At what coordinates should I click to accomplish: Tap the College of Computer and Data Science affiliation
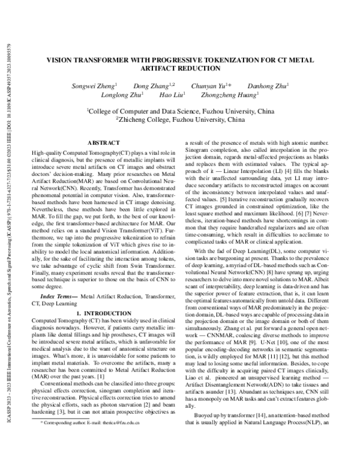point(181,110)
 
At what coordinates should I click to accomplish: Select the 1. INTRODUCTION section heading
point(104,313)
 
